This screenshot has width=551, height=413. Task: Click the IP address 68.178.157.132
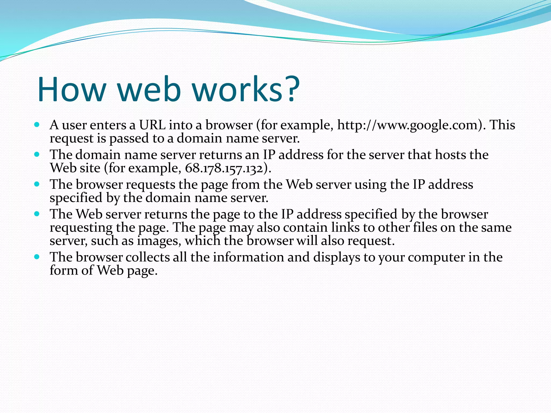(x=224, y=168)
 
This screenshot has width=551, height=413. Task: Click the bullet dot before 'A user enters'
(x=37, y=125)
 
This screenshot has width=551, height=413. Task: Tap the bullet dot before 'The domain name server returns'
(x=37, y=154)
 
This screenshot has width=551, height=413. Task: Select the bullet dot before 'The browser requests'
(x=37, y=184)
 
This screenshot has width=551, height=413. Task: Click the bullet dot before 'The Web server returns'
(x=37, y=214)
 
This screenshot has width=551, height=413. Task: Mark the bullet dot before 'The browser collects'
(x=37, y=257)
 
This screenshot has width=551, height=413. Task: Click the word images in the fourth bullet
(x=159, y=241)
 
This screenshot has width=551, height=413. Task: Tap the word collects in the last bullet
(x=147, y=257)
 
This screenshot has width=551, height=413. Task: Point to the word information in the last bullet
(x=248, y=257)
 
